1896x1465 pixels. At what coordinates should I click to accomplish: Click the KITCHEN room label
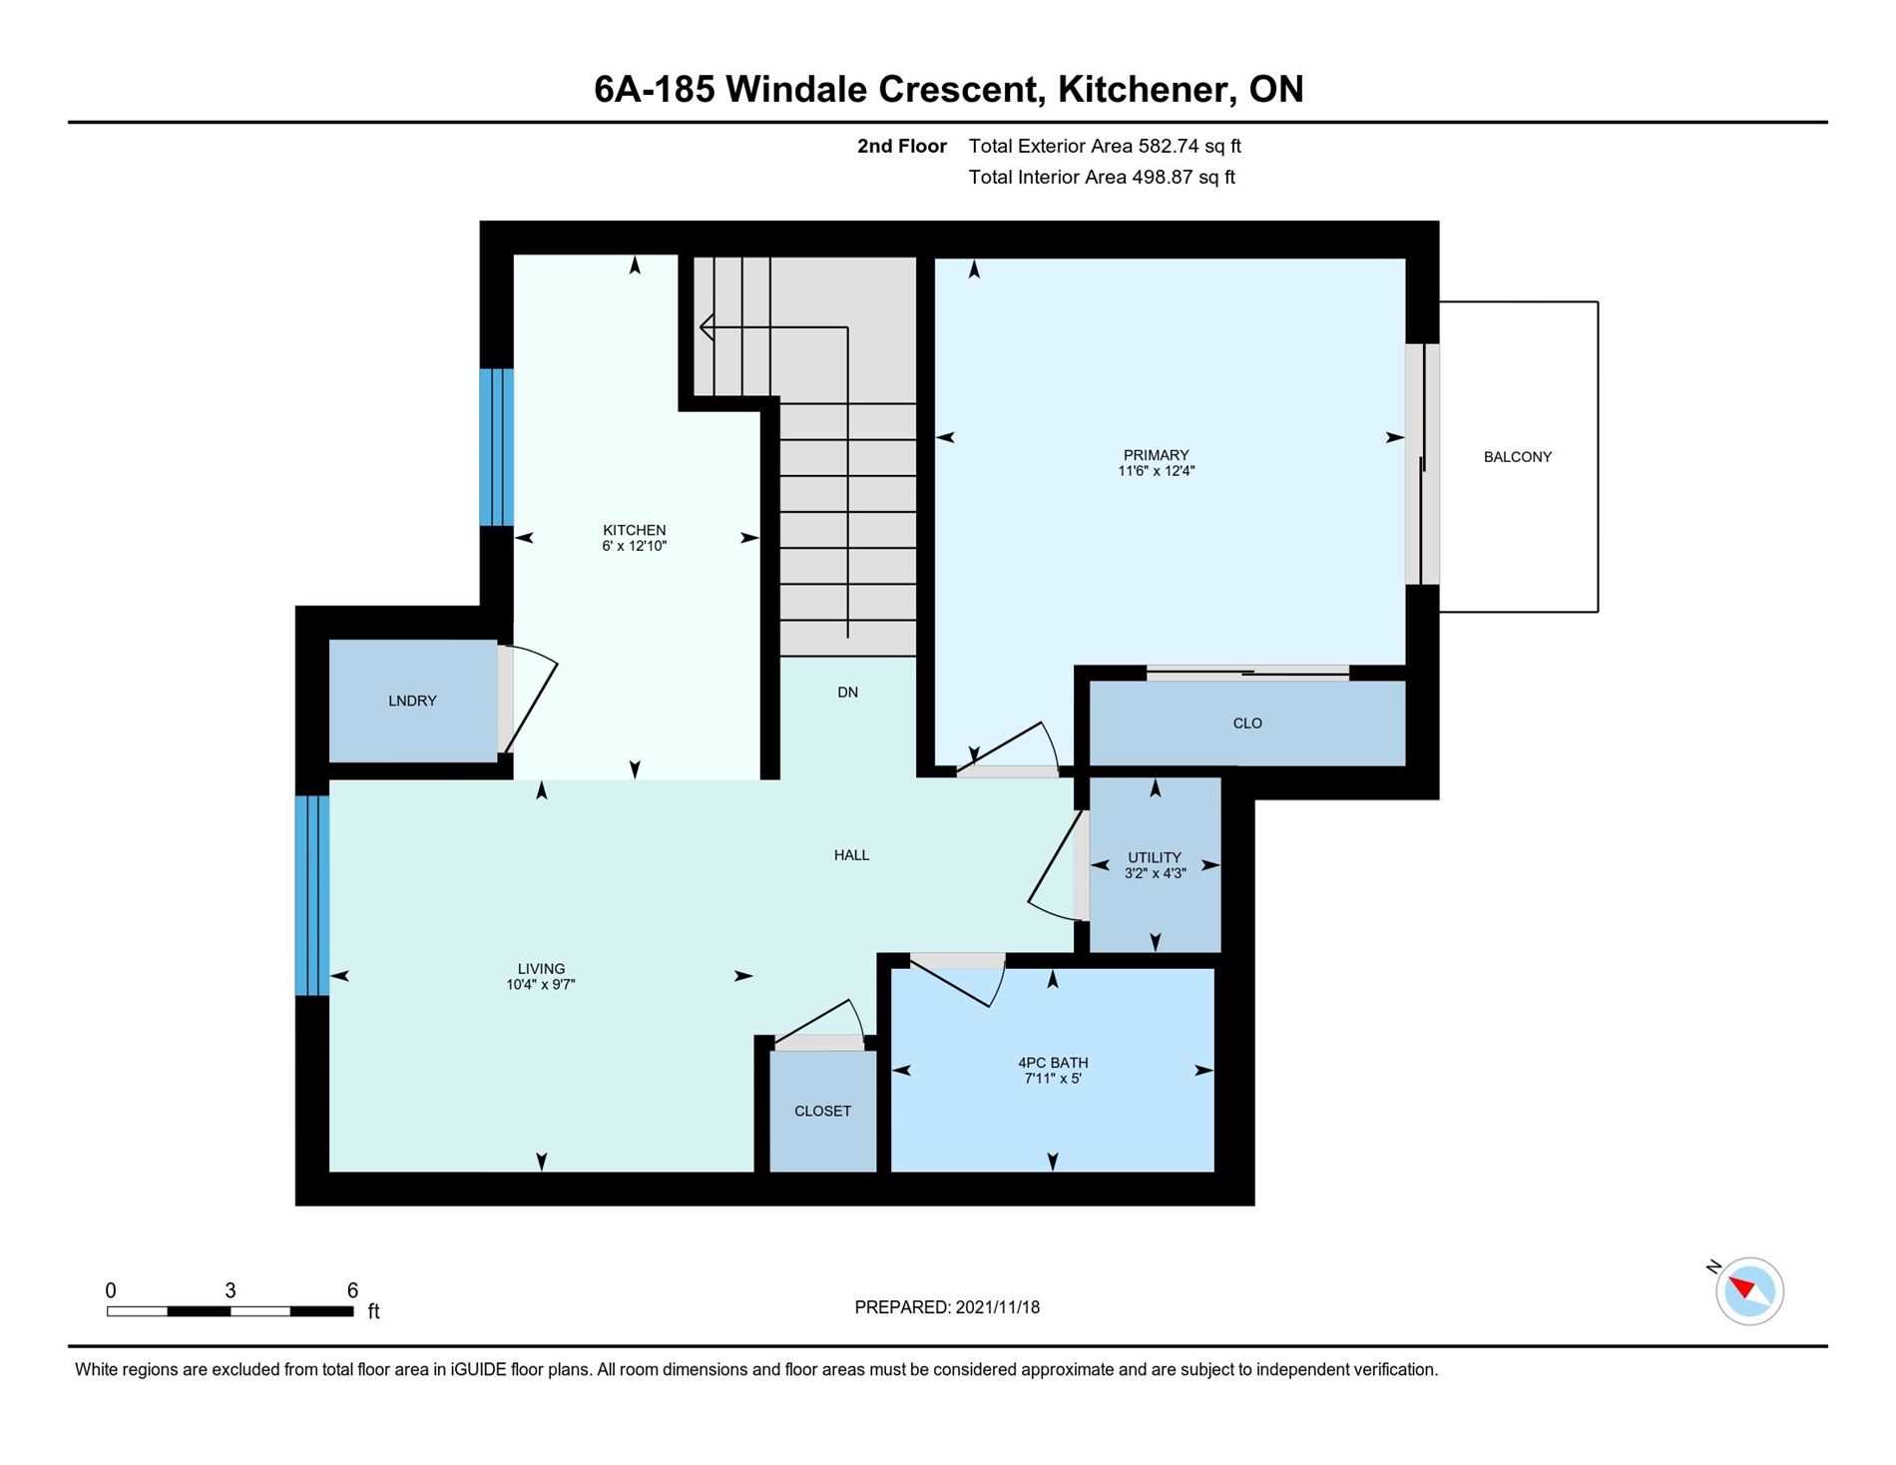(x=634, y=530)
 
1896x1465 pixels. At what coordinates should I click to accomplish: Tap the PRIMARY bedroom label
(x=1156, y=455)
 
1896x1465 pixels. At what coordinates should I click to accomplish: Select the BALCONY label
(x=1517, y=457)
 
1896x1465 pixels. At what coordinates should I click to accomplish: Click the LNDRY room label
(x=412, y=701)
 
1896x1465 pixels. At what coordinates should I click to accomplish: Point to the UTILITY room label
(x=1155, y=857)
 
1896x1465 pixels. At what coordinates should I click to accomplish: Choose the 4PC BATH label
(x=1053, y=1063)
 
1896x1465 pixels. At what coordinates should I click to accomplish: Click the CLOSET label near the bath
(x=822, y=1111)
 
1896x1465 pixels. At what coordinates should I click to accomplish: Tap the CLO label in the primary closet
(x=1247, y=724)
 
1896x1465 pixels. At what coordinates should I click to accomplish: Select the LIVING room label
(x=541, y=969)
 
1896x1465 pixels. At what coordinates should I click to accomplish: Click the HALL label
(x=851, y=855)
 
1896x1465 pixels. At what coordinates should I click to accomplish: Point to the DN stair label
(x=847, y=693)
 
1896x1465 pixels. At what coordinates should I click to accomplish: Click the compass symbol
(x=1748, y=1291)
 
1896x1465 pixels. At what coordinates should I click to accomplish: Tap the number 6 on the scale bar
(x=352, y=1290)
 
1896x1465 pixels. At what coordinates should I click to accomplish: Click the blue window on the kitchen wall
(x=496, y=447)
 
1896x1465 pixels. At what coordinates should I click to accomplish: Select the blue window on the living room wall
(x=311, y=895)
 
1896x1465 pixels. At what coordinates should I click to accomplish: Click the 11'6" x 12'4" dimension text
(x=1156, y=471)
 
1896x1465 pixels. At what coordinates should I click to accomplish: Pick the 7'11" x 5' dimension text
(x=1053, y=1079)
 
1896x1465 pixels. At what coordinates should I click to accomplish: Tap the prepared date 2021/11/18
(x=997, y=1307)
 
